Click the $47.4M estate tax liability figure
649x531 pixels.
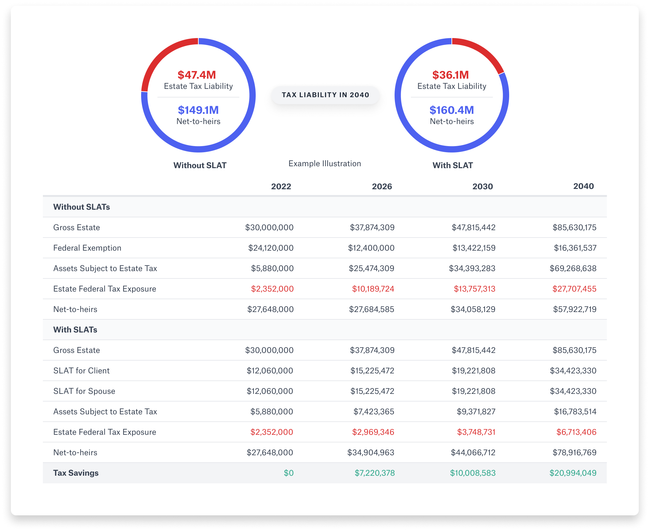tap(197, 75)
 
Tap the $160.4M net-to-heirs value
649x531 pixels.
tap(452, 110)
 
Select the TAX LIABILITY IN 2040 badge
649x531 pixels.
tap(325, 95)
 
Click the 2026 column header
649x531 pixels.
tap(382, 186)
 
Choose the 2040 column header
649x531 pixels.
tap(583, 186)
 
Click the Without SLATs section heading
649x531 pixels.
tap(82, 207)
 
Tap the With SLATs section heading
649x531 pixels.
tap(75, 330)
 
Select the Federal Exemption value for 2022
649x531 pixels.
tap(271, 248)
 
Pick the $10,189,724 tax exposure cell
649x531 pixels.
tap(373, 289)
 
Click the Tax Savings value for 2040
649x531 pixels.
tap(573, 473)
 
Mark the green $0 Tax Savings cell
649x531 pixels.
tap(289, 473)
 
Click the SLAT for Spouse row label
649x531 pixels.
tap(84, 391)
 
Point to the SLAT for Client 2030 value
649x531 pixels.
tap(474, 371)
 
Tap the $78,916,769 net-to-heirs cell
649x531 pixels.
tap(574, 452)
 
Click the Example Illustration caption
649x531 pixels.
tap(324, 163)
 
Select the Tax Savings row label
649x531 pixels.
tap(76, 473)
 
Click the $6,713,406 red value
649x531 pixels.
tap(576, 432)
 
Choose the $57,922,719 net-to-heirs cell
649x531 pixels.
tap(575, 309)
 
